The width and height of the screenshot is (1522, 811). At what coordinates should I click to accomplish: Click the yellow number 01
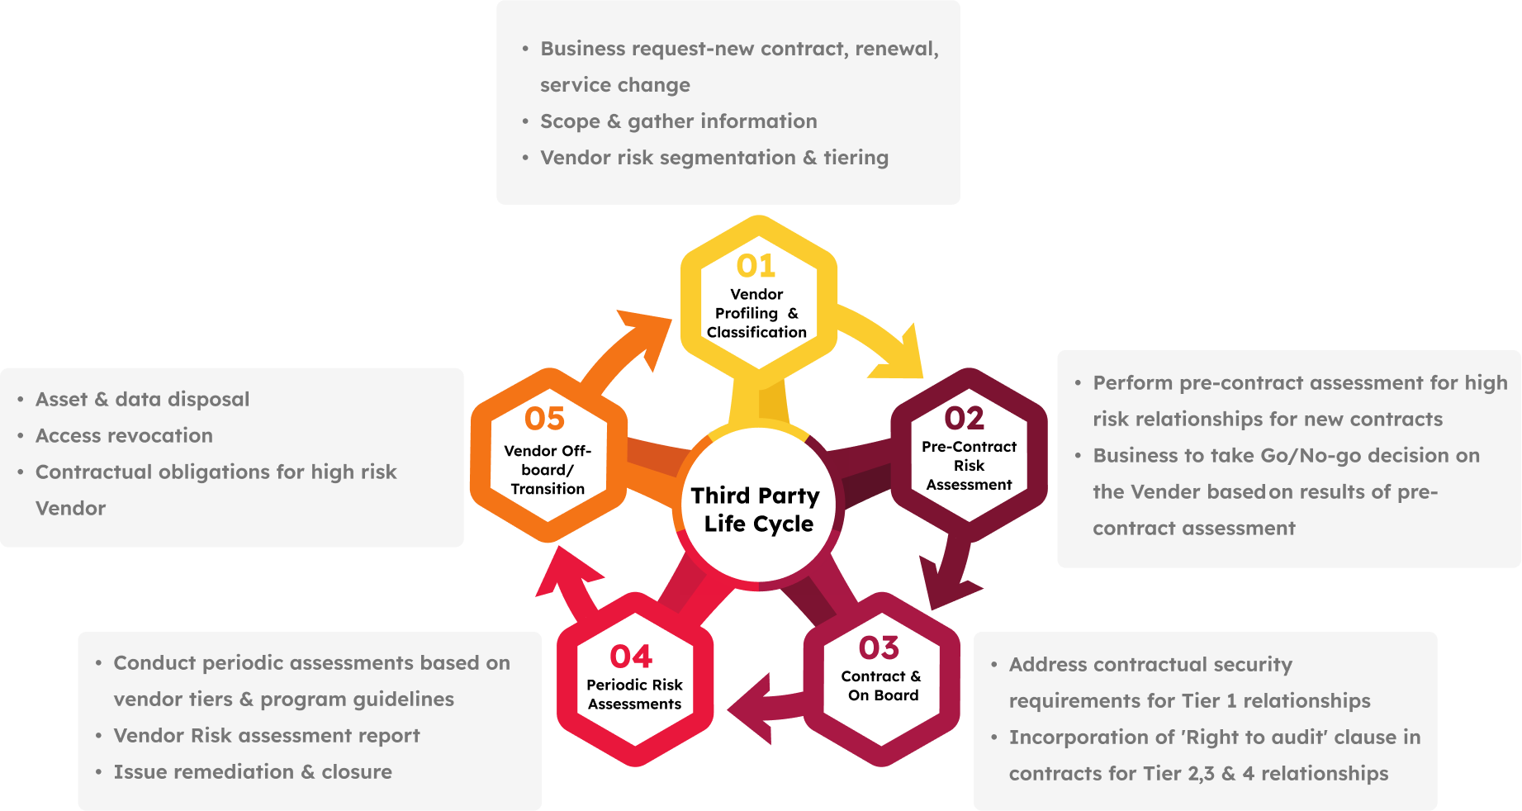point(756,266)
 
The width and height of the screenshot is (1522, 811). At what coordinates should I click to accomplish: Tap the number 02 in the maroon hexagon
point(964,418)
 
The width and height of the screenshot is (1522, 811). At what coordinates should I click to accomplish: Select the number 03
point(879,647)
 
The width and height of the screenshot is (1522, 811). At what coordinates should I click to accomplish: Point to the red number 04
point(631,657)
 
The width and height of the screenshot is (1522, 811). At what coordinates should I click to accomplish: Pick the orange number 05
point(544,419)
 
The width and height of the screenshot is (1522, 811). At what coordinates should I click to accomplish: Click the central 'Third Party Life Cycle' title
point(757,509)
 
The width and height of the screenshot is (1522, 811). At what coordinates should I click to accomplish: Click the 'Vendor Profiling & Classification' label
point(756,313)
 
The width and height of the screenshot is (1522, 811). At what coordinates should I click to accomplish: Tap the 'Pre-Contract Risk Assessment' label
point(969,465)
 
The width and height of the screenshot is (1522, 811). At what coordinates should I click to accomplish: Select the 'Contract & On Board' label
point(882,685)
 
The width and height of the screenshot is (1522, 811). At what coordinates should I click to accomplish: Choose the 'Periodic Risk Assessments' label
point(634,694)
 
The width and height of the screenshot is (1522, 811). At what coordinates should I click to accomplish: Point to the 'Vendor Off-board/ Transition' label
point(548,469)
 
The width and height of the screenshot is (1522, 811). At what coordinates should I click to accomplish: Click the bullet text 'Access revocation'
point(124,435)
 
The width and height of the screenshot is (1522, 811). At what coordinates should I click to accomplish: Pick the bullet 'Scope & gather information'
point(678,121)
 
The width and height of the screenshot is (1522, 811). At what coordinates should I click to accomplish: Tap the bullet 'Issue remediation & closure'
point(253,771)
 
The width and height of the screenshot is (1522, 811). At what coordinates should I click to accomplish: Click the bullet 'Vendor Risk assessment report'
point(267,735)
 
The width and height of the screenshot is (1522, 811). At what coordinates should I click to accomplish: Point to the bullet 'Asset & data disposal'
point(142,399)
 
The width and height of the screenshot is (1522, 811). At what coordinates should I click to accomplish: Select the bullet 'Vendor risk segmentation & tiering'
point(714,158)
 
